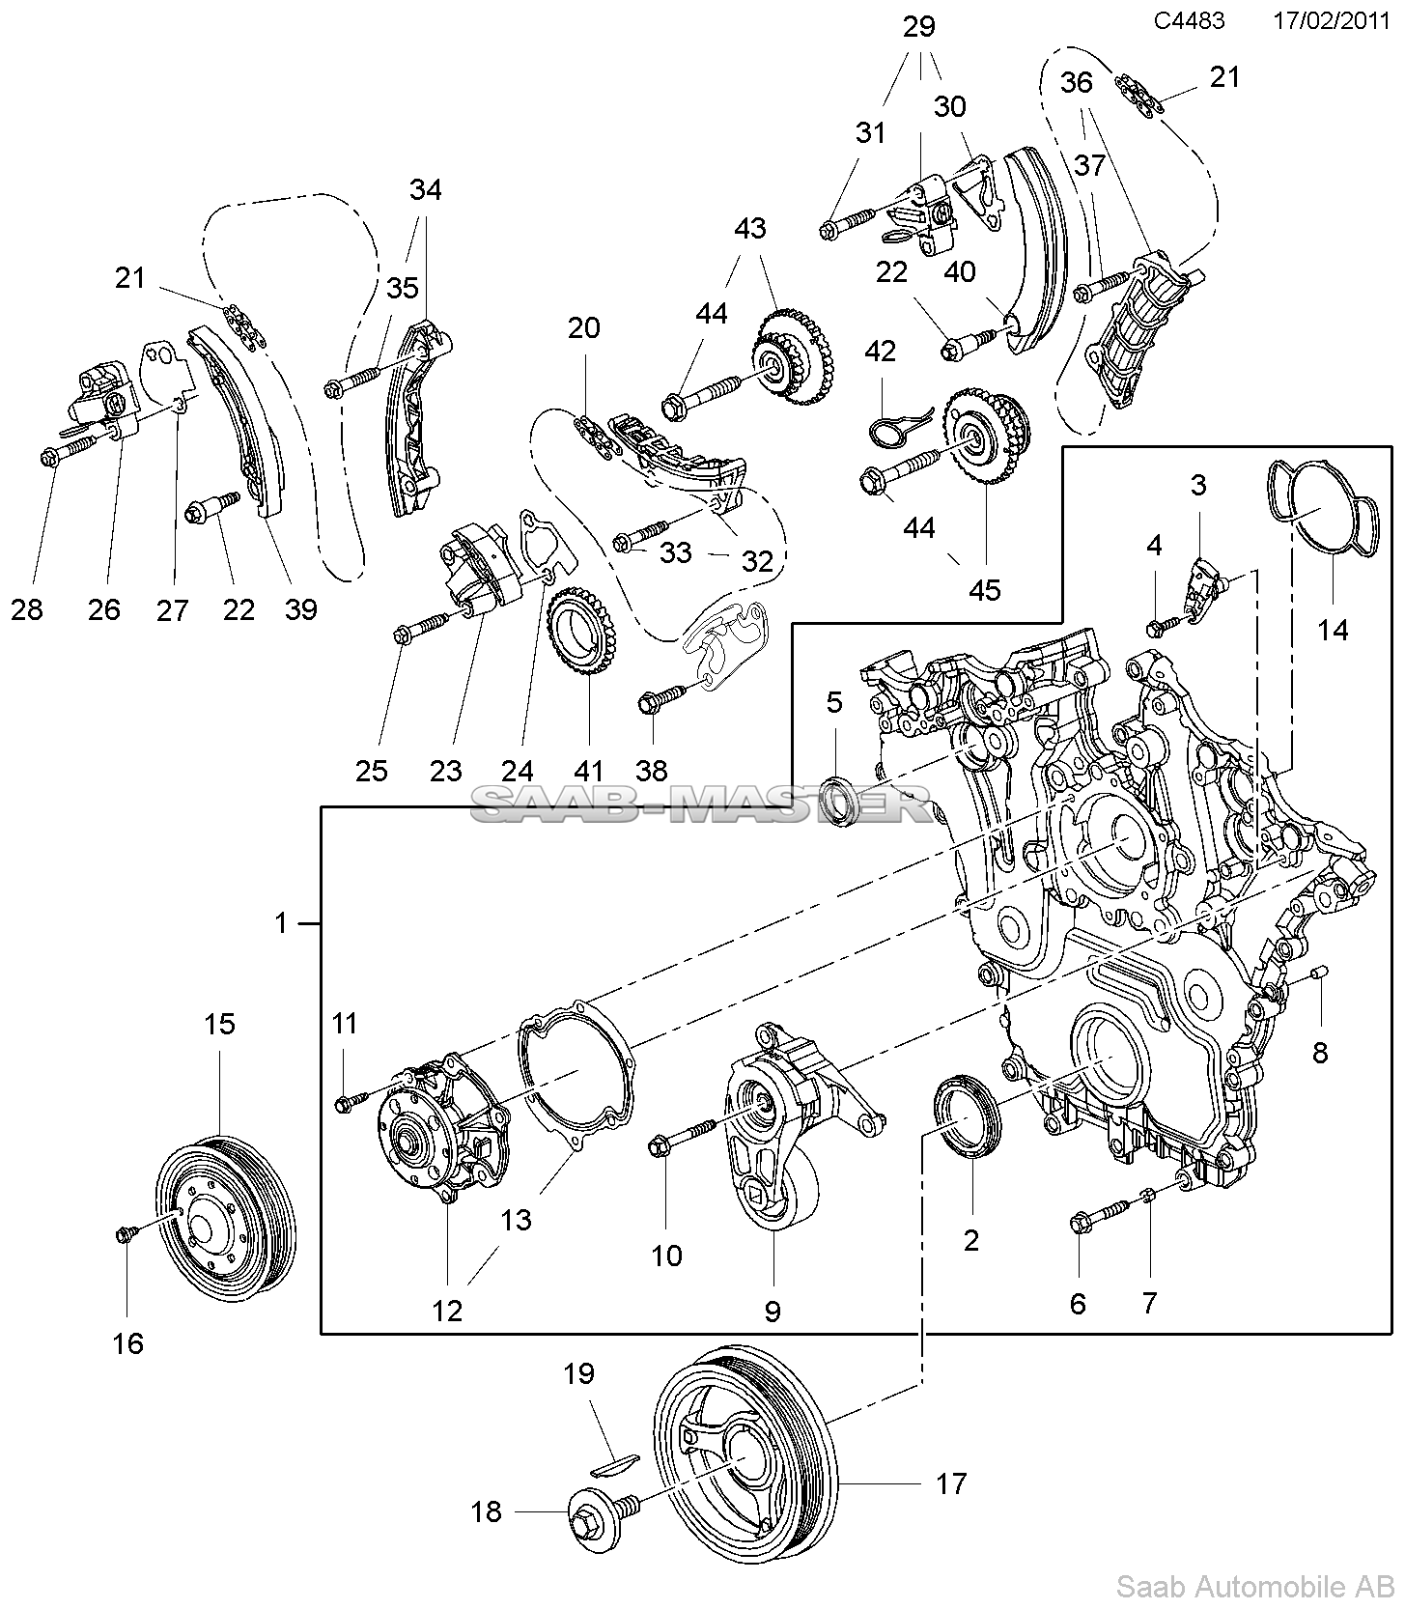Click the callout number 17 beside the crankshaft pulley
coord(951,1482)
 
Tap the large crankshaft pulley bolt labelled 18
coord(591,1512)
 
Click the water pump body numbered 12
coord(440,1130)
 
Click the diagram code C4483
coord(1189,20)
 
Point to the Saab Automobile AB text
coord(1254,1586)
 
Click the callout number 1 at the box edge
coord(280,924)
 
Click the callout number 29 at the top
coord(919,27)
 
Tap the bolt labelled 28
coord(51,458)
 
